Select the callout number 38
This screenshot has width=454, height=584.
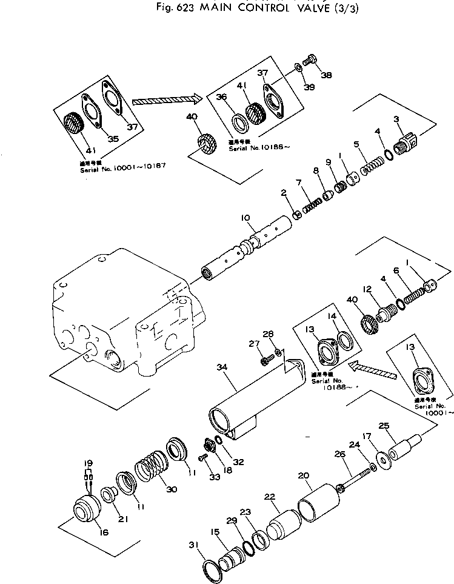[326, 76]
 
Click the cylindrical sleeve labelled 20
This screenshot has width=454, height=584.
[319, 500]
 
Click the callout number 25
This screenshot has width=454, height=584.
[383, 426]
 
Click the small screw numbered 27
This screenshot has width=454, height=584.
[265, 361]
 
